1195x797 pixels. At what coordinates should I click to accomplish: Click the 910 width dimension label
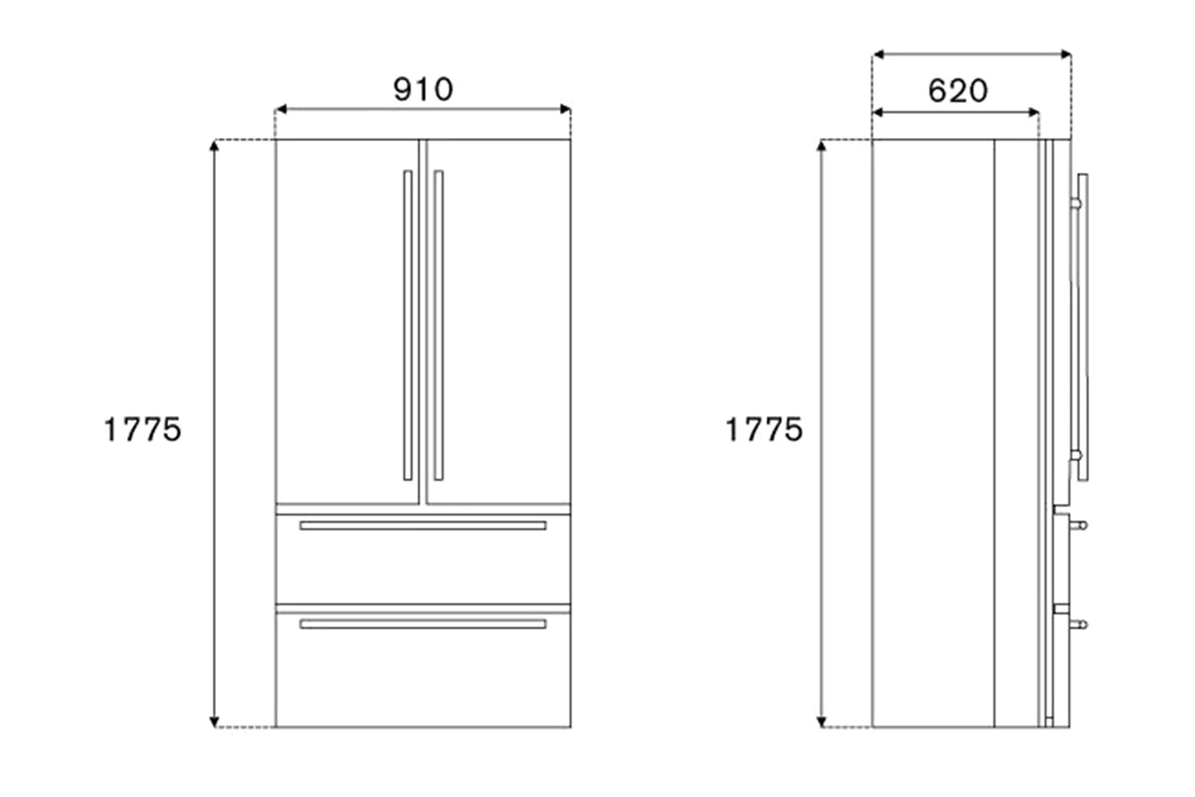click(x=423, y=89)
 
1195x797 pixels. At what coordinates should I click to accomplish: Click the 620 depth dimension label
click(x=958, y=91)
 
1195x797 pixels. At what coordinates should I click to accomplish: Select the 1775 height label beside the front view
click(x=143, y=430)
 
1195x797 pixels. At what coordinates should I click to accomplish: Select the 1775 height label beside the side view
click(x=763, y=430)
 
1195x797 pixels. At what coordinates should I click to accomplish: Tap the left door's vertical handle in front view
click(x=408, y=325)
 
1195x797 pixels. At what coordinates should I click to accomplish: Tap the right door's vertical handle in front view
click(x=438, y=325)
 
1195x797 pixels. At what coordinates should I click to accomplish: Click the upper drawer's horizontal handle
click(x=423, y=525)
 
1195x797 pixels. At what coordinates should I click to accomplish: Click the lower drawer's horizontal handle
click(x=423, y=624)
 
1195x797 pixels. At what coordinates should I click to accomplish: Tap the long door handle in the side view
click(x=1082, y=327)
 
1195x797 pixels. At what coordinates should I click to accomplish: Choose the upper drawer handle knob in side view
click(x=1080, y=525)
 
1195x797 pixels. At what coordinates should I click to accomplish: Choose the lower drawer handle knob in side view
click(x=1080, y=625)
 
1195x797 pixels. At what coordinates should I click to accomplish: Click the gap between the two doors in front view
click(x=423, y=319)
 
